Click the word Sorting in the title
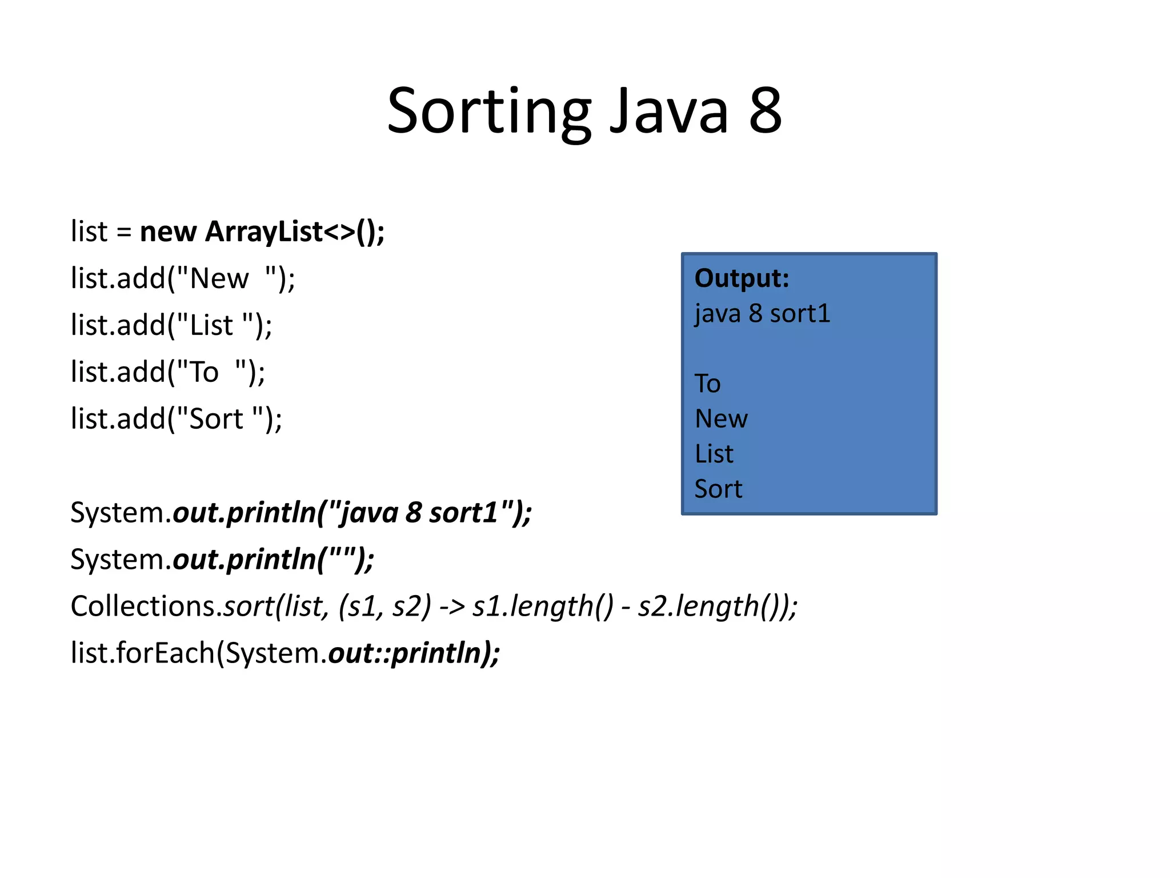[x=489, y=111]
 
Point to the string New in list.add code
[x=219, y=279]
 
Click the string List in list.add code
[x=211, y=326]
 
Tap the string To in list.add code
[x=204, y=373]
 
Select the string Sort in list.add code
[x=216, y=420]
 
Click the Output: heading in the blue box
[x=742, y=278]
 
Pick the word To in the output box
[x=707, y=384]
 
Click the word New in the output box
[x=721, y=419]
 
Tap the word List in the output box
[x=714, y=454]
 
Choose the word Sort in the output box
[x=718, y=489]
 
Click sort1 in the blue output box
[x=800, y=314]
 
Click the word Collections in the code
[x=143, y=606]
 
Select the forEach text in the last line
[x=165, y=653]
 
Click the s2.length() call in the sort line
[x=711, y=606]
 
